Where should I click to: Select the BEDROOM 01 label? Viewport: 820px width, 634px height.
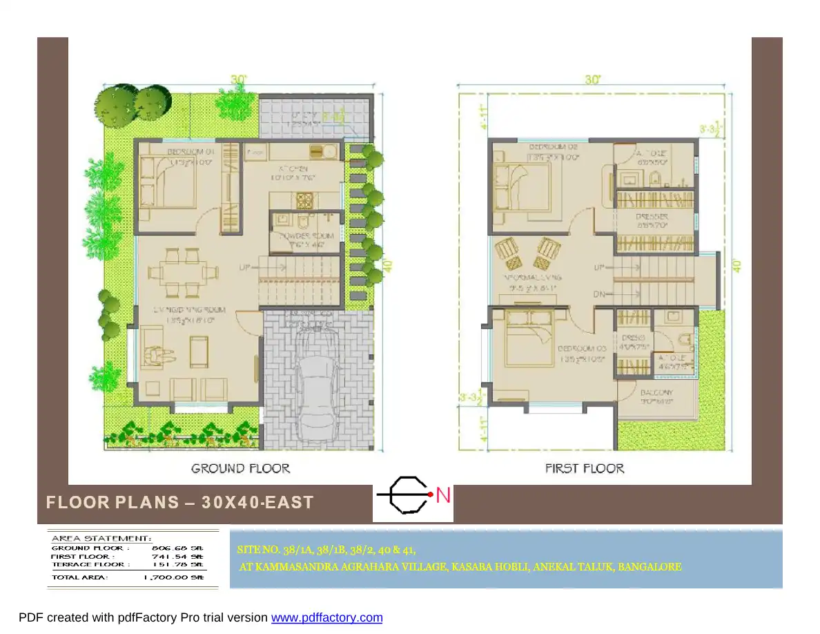[x=191, y=151]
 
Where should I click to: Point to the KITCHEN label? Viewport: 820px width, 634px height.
[x=293, y=168]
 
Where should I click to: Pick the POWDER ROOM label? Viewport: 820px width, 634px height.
[x=306, y=236]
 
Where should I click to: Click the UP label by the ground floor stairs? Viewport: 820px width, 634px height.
[x=244, y=267]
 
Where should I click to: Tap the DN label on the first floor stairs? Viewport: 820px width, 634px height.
[x=600, y=295]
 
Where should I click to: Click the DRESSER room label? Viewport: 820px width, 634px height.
[x=652, y=217]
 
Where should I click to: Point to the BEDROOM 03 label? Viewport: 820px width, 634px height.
[x=582, y=349]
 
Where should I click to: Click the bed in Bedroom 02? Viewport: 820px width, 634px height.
[x=523, y=186]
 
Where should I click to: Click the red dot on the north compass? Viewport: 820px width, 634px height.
[x=430, y=494]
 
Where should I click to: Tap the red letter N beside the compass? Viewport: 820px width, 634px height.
[x=444, y=494]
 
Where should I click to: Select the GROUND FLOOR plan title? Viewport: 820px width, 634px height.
[x=240, y=468]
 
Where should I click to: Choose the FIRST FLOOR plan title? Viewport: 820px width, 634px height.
[x=585, y=468]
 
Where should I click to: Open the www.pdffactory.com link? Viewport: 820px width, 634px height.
[x=326, y=617]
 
